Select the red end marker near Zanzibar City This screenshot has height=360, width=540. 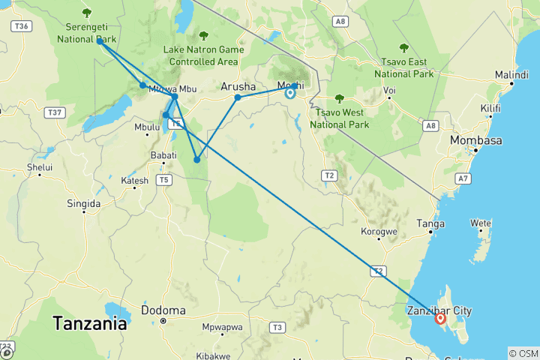click(x=440, y=319)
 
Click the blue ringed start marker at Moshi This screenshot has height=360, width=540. click(x=290, y=93)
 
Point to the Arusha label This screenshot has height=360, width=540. click(x=238, y=87)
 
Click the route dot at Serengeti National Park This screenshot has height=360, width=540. click(x=100, y=41)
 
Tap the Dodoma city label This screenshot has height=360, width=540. click(x=163, y=310)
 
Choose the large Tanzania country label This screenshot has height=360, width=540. click(x=89, y=325)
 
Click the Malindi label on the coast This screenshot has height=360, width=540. click(x=511, y=75)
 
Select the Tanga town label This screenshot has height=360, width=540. click(x=431, y=223)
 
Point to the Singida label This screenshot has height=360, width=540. click(x=83, y=203)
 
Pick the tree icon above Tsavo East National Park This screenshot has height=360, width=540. click(x=404, y=49)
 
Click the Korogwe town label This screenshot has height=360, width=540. click(x=379, y=232)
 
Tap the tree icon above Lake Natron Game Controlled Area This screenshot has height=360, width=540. click(x=203, y=35)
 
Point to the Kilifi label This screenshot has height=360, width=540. click(x=490, y=109)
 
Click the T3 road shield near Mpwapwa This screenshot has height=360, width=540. click(x=277, y=327)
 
